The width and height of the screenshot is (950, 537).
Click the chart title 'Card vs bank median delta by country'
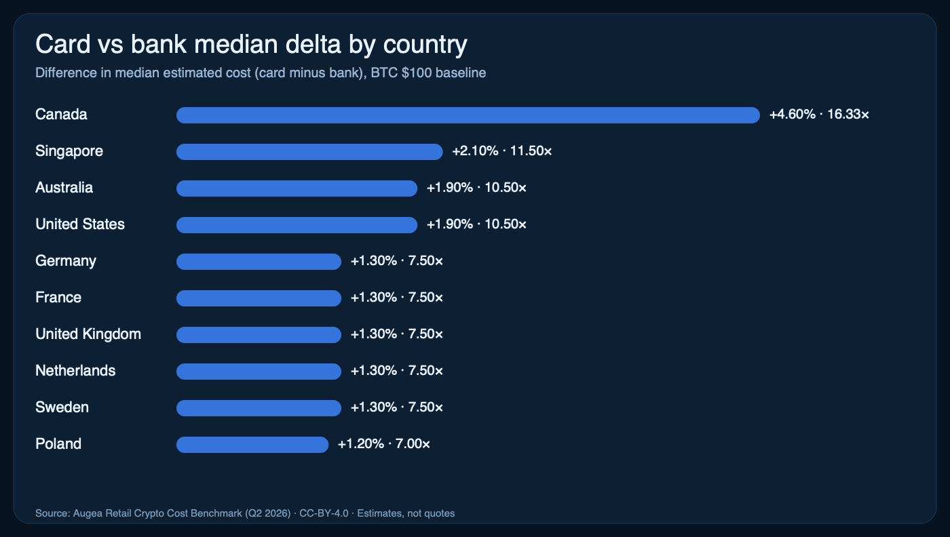(x=251, y=45)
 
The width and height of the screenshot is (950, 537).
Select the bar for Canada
(x=468, y=115)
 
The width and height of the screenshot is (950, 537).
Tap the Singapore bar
(x=309, y=152)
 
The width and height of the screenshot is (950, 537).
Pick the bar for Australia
(x=297, y=188)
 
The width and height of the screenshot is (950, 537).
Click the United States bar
(x=297, y=225)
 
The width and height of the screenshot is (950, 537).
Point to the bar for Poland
(x=252, y=445)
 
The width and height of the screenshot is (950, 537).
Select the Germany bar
(x=259, y=262)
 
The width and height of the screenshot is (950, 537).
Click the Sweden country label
(x=62, y=407)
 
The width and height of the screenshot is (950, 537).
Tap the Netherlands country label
(x=75, y=371)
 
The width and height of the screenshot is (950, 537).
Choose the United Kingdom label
(x=88, y=334)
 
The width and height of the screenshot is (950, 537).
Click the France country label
(x=58, y=298)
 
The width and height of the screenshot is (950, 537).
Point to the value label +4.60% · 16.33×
(x=819, y=115)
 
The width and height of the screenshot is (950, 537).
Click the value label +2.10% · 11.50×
(x=502, y=151)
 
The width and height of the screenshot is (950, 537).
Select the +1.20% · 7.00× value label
(x=384, y=444)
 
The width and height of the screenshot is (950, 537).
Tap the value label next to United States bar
(x=476, y=224)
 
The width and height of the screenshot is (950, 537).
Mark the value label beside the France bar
(x=397, y=298)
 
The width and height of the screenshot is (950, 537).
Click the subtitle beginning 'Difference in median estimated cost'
(x=261, y=73)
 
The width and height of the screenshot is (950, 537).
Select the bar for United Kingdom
(x=259, y=335)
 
